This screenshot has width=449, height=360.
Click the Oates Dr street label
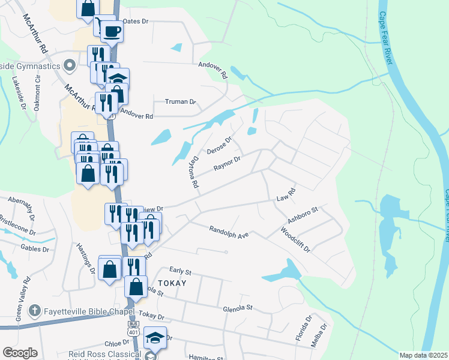point(135,21)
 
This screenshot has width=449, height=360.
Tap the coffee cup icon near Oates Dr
point(110,31)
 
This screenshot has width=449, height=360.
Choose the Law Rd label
point(286,196)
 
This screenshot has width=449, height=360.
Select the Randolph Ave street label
point(229,232)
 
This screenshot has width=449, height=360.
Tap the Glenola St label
point(237,308)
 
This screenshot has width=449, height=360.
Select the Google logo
point(19,353)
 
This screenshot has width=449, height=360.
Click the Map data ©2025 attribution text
point(423,355)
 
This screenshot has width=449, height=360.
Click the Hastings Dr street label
point(85,259)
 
